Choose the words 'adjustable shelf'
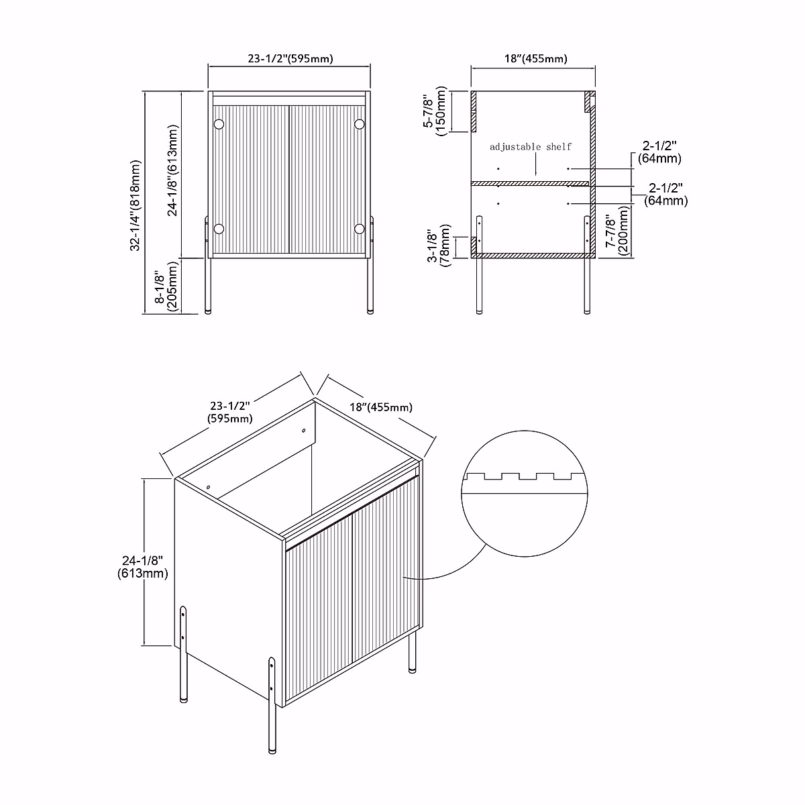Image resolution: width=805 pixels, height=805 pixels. point(531,146)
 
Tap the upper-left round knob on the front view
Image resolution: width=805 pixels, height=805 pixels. point(219,124)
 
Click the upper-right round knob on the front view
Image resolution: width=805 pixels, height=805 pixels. point(360,124)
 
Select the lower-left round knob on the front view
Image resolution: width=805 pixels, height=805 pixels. point(219,229)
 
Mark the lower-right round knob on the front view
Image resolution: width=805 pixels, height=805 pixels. point(360,229)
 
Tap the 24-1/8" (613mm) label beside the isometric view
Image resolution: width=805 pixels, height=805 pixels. point(142,567)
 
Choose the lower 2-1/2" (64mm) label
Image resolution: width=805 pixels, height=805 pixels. point(665,194)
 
